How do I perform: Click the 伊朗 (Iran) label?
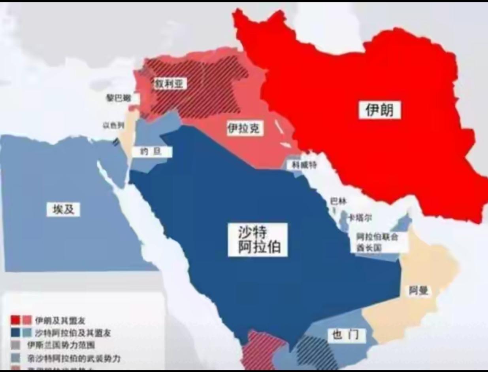coord(379,110)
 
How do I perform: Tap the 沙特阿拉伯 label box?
coord(257,239)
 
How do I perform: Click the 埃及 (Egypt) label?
coord(63,209)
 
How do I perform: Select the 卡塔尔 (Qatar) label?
coord(360,218)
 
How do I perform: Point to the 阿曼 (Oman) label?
coord(418,291)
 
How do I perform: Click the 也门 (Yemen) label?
coord(346,336)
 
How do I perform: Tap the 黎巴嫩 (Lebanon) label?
coord(117,98)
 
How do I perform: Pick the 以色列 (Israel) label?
coord(113,125)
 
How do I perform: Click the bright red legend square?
coord(15,320)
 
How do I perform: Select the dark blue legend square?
coord(15,332)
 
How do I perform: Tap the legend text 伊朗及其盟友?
coord(60,320)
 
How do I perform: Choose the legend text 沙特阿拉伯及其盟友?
coord(73,333)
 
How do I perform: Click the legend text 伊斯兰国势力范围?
coord(61,345)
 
